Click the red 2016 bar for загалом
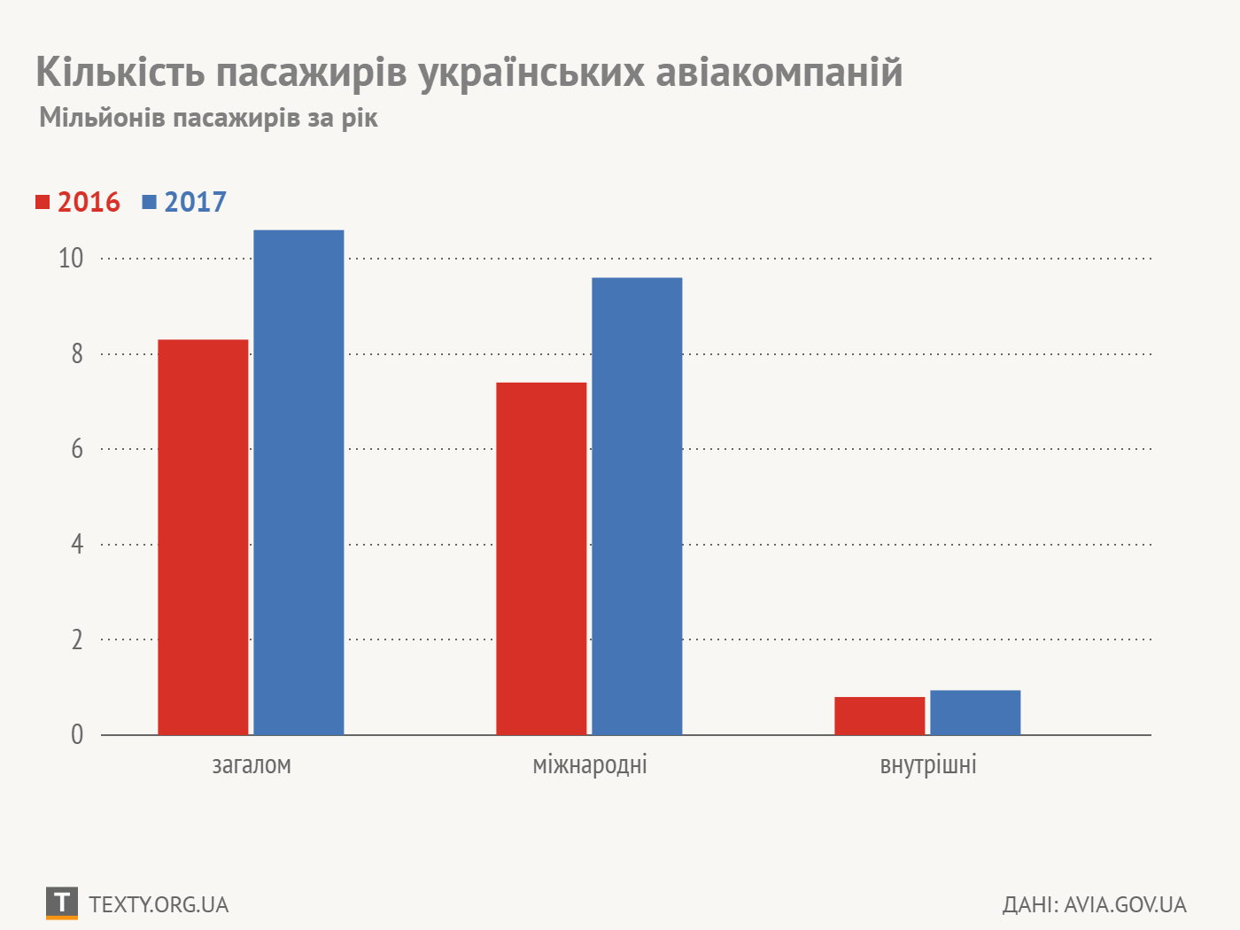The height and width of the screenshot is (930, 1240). pyautogui.click(x=203, y=537)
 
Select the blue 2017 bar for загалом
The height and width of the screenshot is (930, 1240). pyautogui.click(x=298, y=483)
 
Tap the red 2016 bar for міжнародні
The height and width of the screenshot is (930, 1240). pyautogui.click(x=541, y=558)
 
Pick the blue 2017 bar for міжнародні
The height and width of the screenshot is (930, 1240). pyautogui.click(x=637, y=506)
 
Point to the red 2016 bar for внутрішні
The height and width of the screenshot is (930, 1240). pyautogui.click(x=880, y=716)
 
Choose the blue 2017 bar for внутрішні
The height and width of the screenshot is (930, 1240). pyautogui.click(x=975, y=712)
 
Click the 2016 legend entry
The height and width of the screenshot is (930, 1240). pyautogui.click(x=78, y=202)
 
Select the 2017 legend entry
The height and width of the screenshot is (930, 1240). pyautogui.click(x=184, y=202)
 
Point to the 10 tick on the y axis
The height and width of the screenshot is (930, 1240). pyautogui.click(x=71, y=259)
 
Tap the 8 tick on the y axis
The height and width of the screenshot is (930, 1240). pyautogui.click(x=77, y=354)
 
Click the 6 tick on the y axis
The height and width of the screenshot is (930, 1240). pyautogui.click(x=77, y=449)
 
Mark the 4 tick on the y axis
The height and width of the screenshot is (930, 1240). pyautogui.click(x=77, y=544)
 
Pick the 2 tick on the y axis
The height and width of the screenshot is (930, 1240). pyautogui.click(x=77, y=639)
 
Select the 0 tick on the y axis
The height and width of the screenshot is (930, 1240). pyautogui.click(x=77, y=734)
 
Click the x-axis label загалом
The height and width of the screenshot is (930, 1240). pyautogui.click(x=252, y=765)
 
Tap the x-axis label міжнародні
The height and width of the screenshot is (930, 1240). pyautogui.click(x=590, y=765)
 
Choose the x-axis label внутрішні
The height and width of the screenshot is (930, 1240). pyautogui.click(x=928, y=765)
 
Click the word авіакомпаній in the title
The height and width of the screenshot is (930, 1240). pyautogui.click(x=779, y=73)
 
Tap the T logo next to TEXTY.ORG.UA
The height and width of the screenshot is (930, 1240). pyautogui.click(x=62, y=903)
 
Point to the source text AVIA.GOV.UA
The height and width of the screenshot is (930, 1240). pyautogui.click(x=1125, y=904)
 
